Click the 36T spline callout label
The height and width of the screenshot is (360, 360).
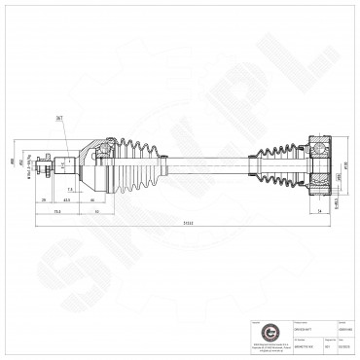click(x=59, y=117)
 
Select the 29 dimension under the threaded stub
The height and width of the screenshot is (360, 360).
click(x=46, y=199)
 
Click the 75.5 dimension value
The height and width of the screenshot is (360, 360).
click(x=58, y=210)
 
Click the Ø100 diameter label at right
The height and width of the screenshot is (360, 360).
click(x=345, y=163)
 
